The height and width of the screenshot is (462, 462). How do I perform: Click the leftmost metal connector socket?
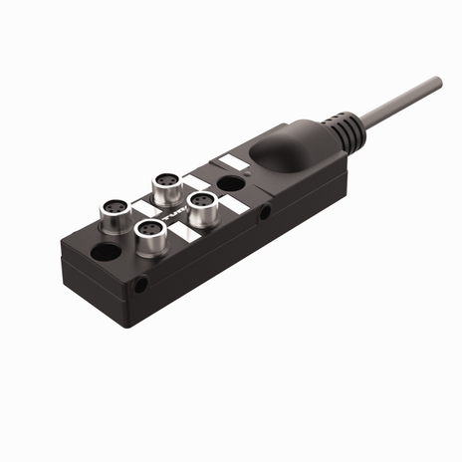coord(113,211)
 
